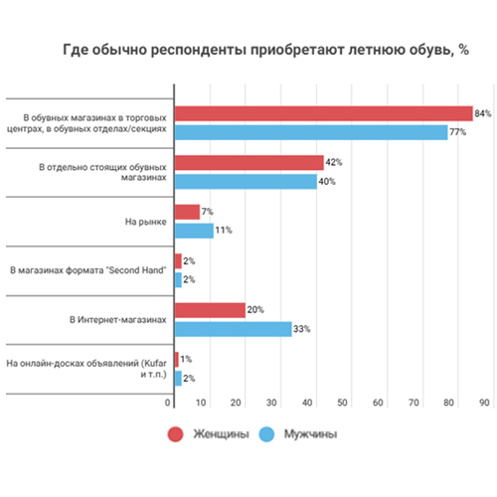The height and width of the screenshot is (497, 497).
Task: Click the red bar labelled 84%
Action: [324, 113]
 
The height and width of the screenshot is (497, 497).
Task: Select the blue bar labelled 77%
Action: [311, 132]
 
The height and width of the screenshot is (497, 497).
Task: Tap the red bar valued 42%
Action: [249, 163]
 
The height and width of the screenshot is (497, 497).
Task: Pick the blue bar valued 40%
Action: [246, 182]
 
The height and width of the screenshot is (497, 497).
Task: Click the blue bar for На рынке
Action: [194, 231]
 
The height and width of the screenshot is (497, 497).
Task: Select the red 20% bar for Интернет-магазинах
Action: [210, 310]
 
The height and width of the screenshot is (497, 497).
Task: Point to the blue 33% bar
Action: [234, 329]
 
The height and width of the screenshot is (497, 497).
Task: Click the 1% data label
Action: [186, 359]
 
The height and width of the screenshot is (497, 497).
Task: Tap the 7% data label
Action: [208, 212]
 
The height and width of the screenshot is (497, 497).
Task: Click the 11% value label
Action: [224, 230]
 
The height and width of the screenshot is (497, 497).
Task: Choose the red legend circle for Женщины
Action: [175, 434]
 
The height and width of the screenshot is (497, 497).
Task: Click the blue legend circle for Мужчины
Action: [266, 434]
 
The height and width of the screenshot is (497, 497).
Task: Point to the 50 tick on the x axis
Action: [342, 403]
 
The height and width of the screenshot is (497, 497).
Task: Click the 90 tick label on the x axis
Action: [484, 403]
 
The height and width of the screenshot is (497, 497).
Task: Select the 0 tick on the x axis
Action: [168, 403]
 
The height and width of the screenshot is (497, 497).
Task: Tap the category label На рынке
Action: [146, 222]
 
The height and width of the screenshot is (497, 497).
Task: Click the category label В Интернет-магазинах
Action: [118, 320]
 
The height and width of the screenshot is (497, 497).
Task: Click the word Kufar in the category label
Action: [154, 363]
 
